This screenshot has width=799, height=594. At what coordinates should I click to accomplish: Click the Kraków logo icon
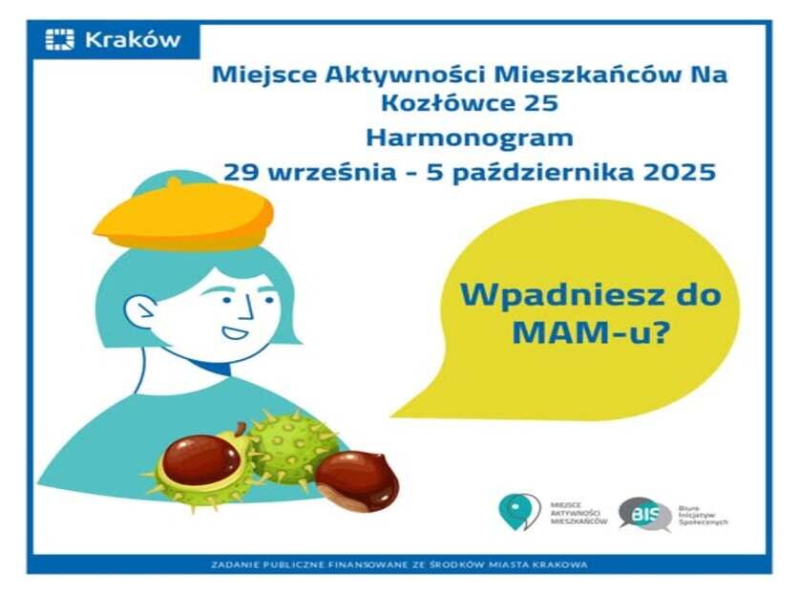(59, 40)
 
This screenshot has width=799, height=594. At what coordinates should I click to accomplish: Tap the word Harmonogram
(469, 137)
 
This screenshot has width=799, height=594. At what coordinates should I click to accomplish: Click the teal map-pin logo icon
(518, 511)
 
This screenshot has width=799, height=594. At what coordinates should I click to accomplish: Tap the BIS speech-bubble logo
(643, 512)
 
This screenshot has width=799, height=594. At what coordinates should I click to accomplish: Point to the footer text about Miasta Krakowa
(399, 564)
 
